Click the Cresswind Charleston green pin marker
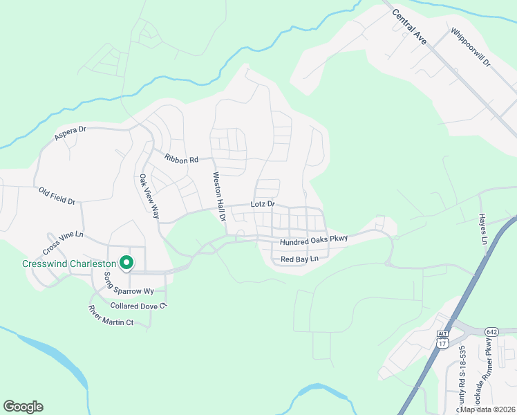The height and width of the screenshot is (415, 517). [x=126, y=263]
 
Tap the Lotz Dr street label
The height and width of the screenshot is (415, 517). [x=262, y=205]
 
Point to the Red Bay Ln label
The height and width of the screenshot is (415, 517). [x=299, y=259]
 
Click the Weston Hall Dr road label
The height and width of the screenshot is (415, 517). [x=219, y=196]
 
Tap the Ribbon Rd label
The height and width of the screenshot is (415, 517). [x=181, y=158]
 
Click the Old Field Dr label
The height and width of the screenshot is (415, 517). [x=57, y=196]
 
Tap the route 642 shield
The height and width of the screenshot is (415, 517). [x=491, y=332]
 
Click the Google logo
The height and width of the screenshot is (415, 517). [x=23, y=407]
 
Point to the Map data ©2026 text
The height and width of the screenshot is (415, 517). [x=488, y=409]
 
